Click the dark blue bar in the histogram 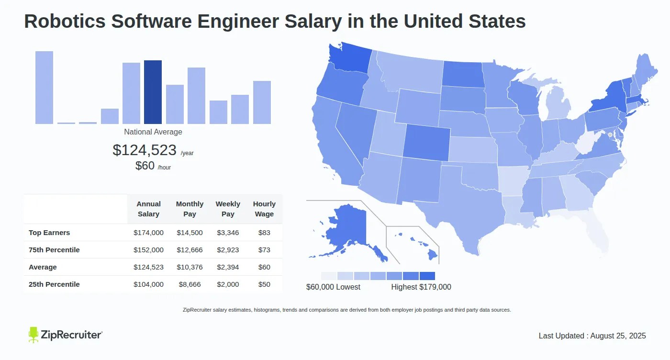[x=153, y=92]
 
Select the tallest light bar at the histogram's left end [x=44, y=87]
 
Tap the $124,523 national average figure [x=145, y=150]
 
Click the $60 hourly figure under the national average [x=145, y=166]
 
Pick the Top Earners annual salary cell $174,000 [x=148, y=233]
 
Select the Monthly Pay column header [x=190, y=209]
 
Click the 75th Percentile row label [x=54, y=250]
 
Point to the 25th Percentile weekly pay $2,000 [x=228, y=284]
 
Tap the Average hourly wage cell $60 [x=264, y=267]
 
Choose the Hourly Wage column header [x=264, y=209]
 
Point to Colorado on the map [x=426, y=141]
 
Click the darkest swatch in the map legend [x=427, y=276]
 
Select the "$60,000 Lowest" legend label [x=333, y=287]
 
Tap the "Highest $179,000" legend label [x=421, y=287]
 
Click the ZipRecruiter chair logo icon [x=33, y=335]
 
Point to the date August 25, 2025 [x=618, y=336]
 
